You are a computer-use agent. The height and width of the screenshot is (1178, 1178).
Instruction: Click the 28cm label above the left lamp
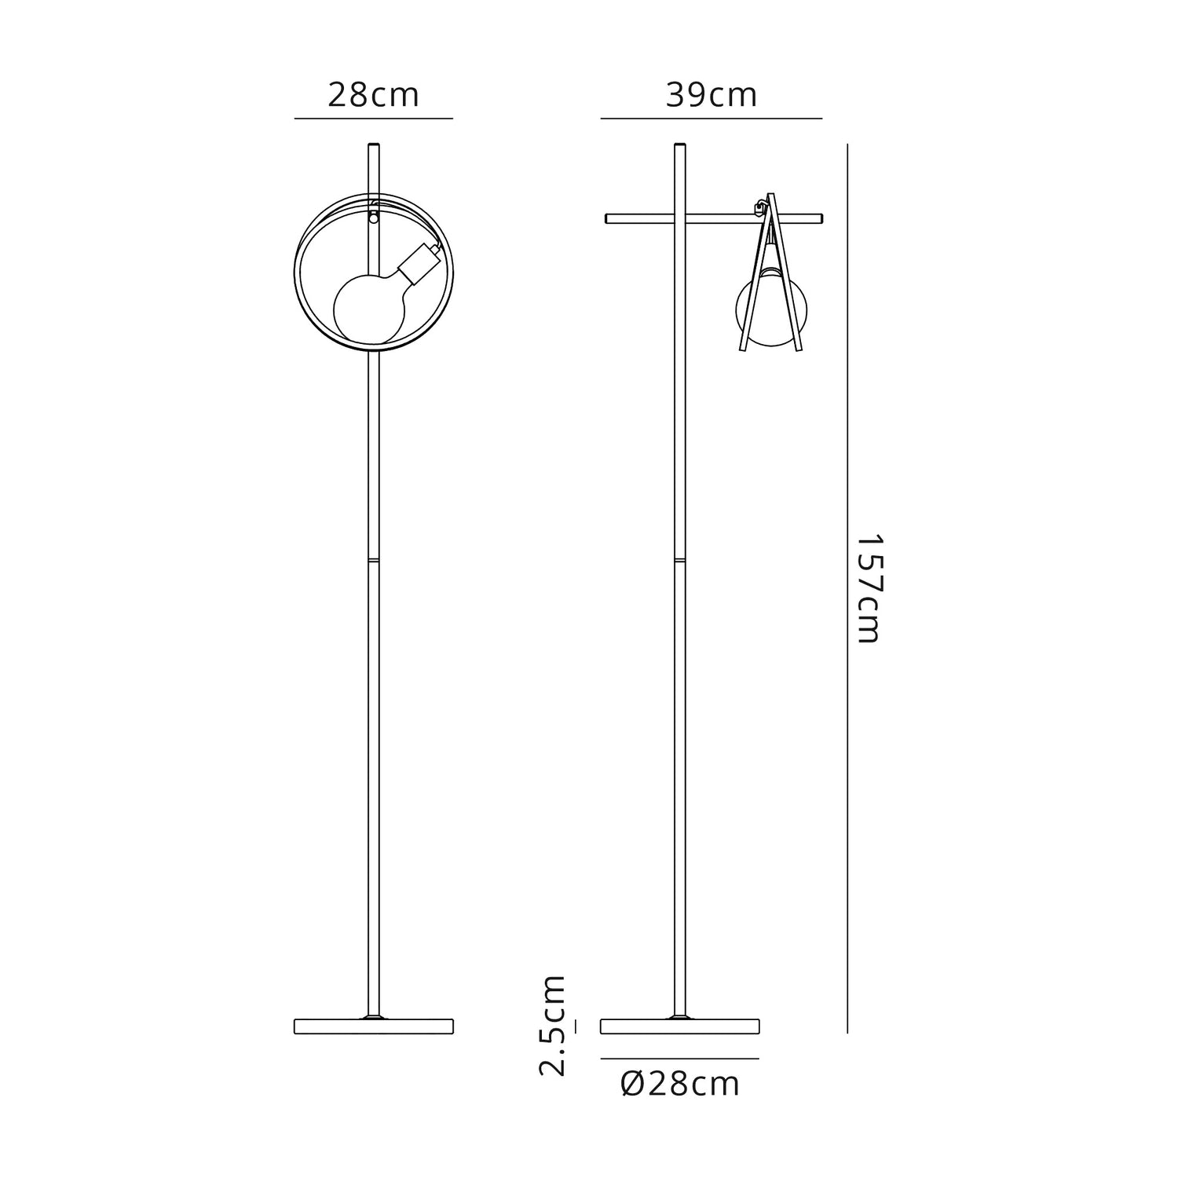coord(373,95)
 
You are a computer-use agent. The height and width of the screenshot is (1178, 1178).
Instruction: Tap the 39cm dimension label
coord(712,95)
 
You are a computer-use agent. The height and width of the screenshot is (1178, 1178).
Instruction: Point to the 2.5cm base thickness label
coord(552,1025)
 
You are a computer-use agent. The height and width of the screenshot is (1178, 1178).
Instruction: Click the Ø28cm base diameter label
coord(680,1084)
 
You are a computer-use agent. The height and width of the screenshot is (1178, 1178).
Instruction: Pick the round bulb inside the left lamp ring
coord(369,307)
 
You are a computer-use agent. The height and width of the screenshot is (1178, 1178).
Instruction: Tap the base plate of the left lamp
coord(374,1026)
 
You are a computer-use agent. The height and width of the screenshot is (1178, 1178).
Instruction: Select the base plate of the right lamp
coord(680,1026)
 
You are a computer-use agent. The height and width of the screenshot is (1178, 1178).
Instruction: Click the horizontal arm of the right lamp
coord(714,218)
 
